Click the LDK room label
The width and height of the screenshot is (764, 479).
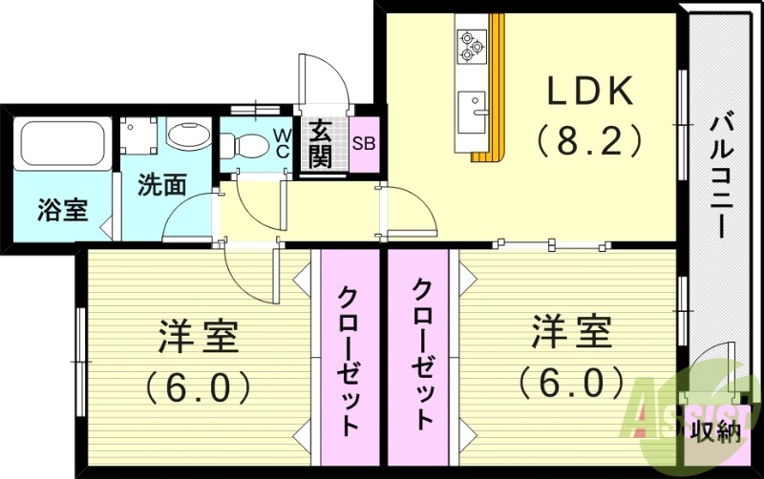coord(589,93)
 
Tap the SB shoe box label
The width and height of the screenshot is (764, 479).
coord(364,145)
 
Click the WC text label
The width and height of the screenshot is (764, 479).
coord(283,144)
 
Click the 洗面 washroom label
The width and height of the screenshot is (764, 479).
coord(160,184)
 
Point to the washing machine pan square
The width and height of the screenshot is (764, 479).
coord(138,135)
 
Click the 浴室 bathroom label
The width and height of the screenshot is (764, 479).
coord(62,211)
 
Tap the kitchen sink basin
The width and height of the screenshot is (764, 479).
coord(472,113)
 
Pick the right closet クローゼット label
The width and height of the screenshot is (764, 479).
coord(422,353)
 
